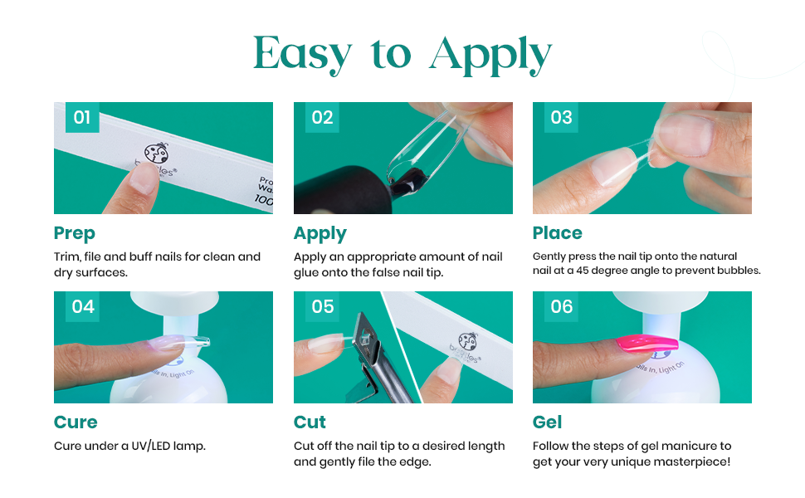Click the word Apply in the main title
[x=490, y=55]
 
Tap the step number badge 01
[x=82, y=118]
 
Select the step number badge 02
[x=322, y=118]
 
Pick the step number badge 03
[x=561, y=118]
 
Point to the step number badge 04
[x=83, y=306]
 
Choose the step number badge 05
[x=322, y=306]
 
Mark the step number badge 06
[x=561, y=306]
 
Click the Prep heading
[x=75, y=233]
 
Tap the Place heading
[x=558, y=233]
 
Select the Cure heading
[x=76, y=422]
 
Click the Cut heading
[x=310, y=422]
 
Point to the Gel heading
[x=547, y=422]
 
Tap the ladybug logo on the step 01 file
[x=157, y=153]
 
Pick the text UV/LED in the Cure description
[x=150, y=446]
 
